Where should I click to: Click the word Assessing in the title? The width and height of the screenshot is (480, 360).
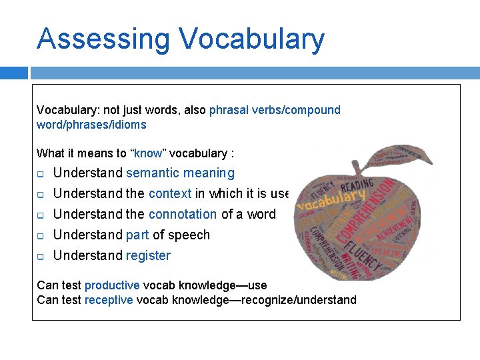[104, 39]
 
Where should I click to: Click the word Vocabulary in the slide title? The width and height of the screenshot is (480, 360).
[252, 39]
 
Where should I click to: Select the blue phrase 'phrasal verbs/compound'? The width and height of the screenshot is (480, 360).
[275, 110]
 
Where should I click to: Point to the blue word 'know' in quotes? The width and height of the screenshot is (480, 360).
[148, 153]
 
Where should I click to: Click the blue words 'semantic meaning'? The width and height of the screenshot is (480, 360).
[180, 173]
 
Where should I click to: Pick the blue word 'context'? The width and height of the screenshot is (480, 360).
[170, 194]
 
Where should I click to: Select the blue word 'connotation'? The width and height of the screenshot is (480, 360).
[183, 215]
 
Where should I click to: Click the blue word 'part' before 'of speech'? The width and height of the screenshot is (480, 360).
[137, 235]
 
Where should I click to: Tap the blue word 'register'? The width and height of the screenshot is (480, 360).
[148, 256]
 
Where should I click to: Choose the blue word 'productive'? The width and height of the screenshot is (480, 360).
[112, 285]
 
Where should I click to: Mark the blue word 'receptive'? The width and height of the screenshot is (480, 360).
[109, 300]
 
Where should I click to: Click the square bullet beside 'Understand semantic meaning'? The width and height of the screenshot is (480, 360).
[40, 174]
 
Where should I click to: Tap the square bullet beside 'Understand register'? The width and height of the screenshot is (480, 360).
[40, 257]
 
